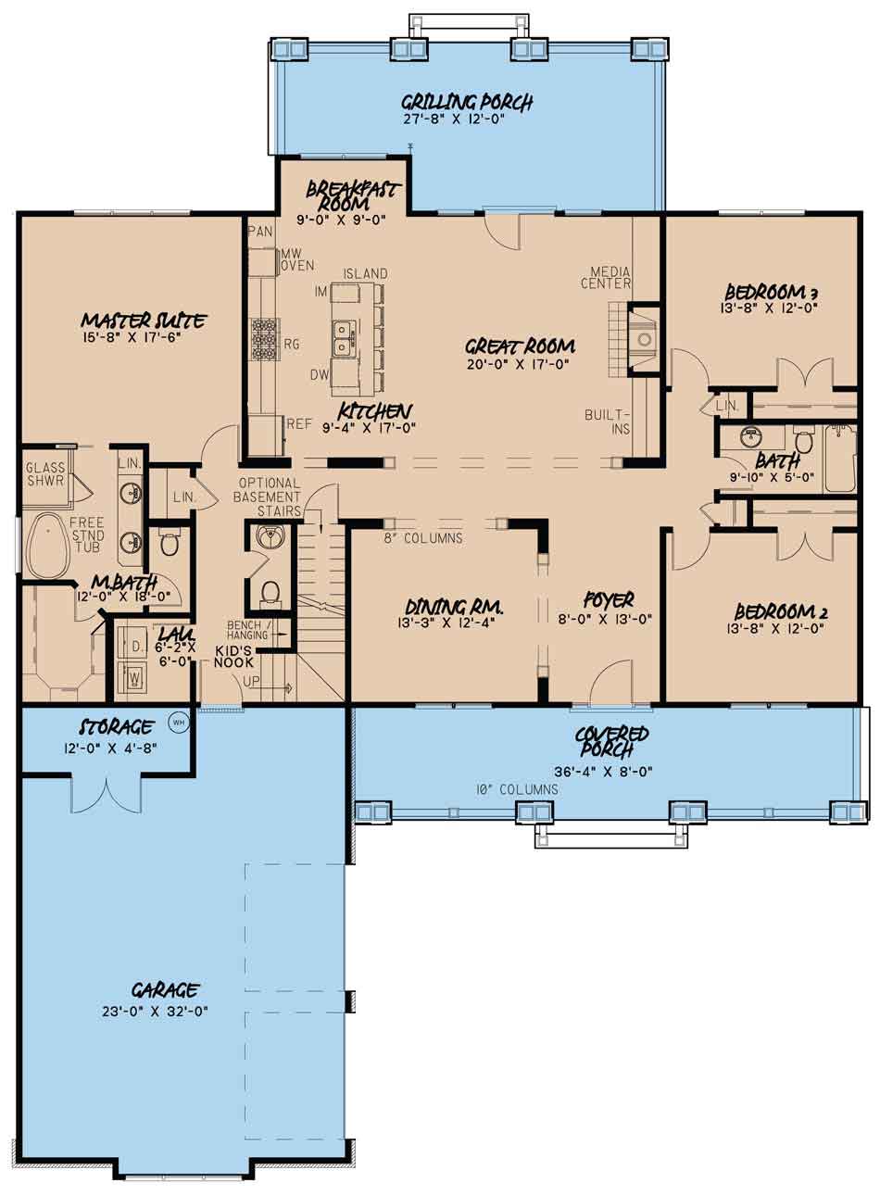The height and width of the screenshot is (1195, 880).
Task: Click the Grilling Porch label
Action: (x=467, y=101)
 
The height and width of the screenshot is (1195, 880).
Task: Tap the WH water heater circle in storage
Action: (x=179, y=723)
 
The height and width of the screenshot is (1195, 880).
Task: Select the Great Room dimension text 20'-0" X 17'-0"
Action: (x=519, y=364)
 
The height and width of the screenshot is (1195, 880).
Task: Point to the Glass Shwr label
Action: (x=45, y=473)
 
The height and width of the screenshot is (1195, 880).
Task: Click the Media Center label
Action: (x=606, y=277)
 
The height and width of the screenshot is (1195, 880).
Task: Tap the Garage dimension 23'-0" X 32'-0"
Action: (x=155, y=1011)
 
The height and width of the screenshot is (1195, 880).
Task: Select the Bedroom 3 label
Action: (x=772, y=292)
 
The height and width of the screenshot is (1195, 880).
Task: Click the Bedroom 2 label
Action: (x=781, y=611)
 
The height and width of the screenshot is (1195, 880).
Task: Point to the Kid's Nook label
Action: (x=233, y=657)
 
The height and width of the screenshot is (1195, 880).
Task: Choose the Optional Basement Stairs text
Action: (x=268, y=497)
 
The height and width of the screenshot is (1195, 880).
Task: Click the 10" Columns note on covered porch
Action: (x=517, y=789)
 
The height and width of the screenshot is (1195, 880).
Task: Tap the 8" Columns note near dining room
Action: (x=423, y=538)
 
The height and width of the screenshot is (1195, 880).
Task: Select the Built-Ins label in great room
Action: (x=608, y=421)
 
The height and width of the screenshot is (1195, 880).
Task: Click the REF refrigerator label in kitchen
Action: (x=299, y=424)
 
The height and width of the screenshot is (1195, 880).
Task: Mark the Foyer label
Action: (x=609, y=600)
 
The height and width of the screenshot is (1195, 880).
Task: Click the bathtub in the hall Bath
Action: (x=840, y=459)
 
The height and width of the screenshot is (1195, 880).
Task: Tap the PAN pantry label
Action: (x=260, y=232)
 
